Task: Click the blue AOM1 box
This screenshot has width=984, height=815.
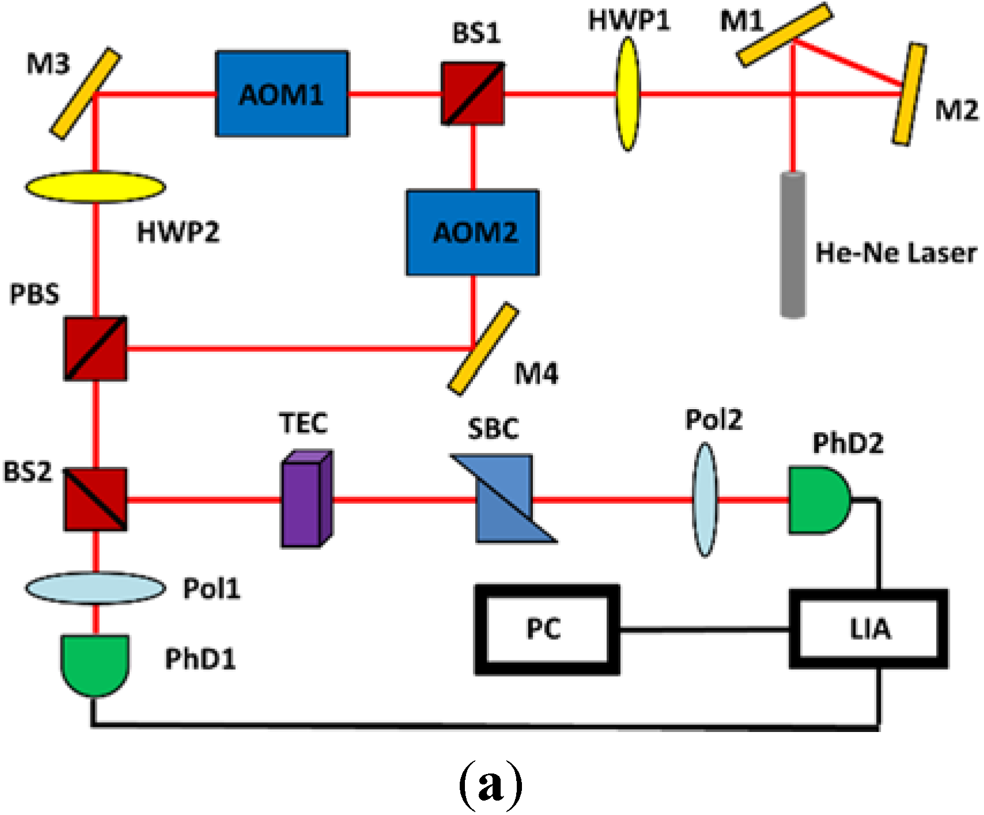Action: point(282,94)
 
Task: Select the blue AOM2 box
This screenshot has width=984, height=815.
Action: point(473,232)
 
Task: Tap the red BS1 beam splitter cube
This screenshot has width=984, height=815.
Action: point(473,94)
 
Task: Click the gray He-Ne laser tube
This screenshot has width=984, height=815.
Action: point(793,244)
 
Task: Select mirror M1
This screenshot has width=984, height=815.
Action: point(785,35)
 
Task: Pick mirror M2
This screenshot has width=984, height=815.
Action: point(910,94)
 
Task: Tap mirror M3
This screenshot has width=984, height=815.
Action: point(86,94)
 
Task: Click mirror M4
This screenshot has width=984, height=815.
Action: point(483,349)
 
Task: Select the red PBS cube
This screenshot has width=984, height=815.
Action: point(96,348)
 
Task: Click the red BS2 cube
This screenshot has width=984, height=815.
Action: point(96,499)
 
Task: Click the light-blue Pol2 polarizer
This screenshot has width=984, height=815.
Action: point(705,499)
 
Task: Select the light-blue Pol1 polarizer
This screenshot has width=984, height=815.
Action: point(96,588)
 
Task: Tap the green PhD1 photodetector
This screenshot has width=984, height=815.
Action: point(95,663)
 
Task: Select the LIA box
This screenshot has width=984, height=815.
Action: point(869,629)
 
